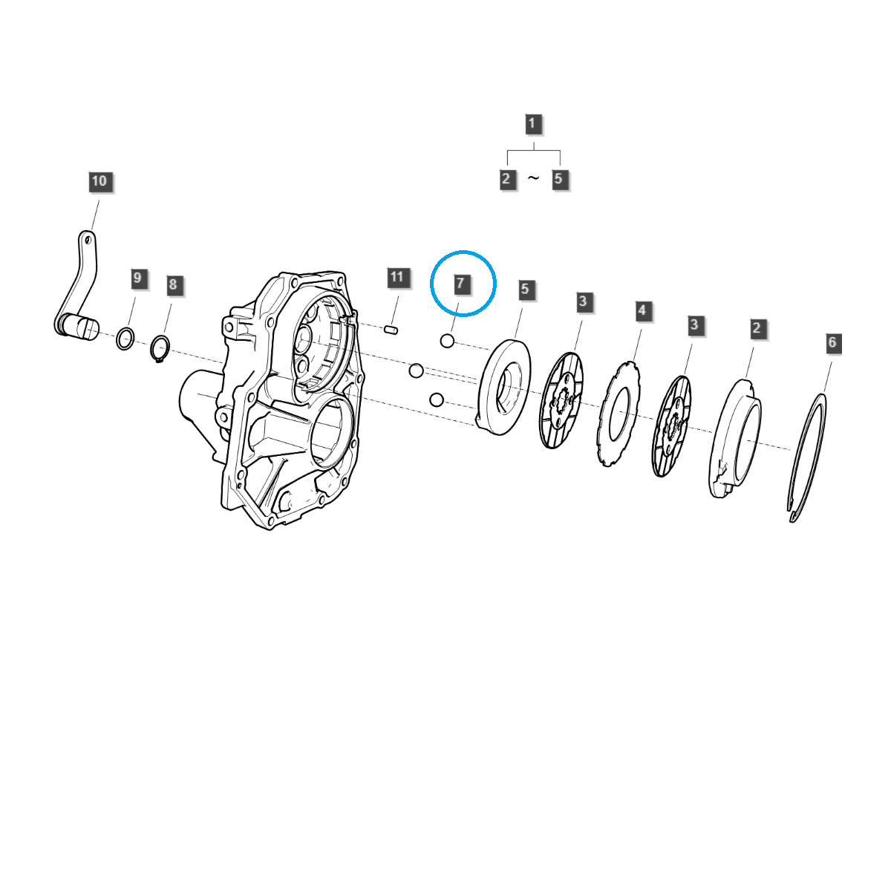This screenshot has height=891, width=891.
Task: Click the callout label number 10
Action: coord(99,182)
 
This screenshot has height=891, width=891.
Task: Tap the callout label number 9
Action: coord(137,278)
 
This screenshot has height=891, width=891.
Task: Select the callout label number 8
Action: coord(173,284)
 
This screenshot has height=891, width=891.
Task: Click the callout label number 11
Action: coord(397,278)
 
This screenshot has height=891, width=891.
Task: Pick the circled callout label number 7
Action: coord(460,284)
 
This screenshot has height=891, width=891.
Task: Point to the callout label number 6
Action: coord(832,342)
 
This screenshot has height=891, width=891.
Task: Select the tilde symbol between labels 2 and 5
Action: coord(533,178)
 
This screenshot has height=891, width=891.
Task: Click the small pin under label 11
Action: coord(391,329)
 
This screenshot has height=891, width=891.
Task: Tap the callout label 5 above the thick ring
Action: coord(525,290)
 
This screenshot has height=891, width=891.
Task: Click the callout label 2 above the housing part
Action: coord(757,328)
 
